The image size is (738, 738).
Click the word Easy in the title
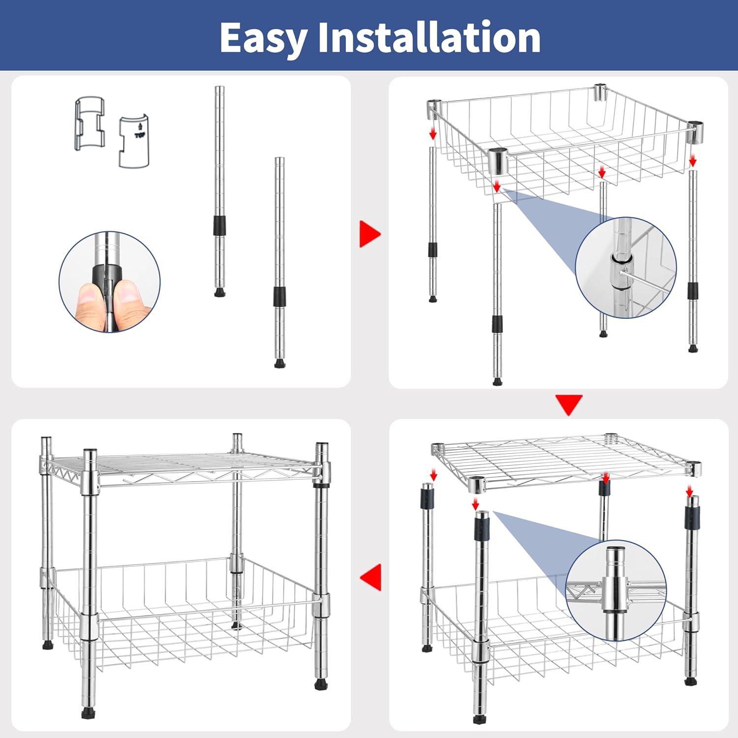click(x=263, y=38)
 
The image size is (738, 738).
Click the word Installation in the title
click(x=430, y=37)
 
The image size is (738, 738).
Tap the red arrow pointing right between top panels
click(x=369, y=234)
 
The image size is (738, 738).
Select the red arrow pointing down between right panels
click(x=569, y=403)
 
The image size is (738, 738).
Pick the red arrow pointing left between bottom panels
click(x=371, y=577)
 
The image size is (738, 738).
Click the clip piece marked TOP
click(x=134, y=141)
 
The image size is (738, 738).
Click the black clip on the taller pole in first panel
click(x=219, y=225)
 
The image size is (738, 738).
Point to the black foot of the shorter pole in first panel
click(x=279, y=364)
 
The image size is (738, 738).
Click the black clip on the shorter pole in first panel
click(x=279, y=297)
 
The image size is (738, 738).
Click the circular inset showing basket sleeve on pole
click(x=626, y=267)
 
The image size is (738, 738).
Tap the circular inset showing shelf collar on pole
click(x=616, y=590)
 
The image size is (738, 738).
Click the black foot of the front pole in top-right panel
click(x=497, y=381)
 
